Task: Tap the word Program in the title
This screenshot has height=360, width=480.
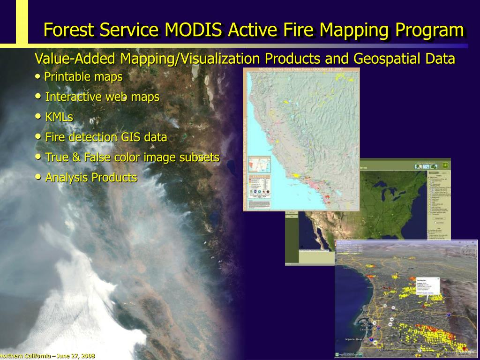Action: pyautogui.click(x=429, y=30)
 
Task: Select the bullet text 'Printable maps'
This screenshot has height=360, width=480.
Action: pyautogui.click(x=83, y=76)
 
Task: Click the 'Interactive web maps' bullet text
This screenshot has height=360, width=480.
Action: pyautogui.click(x=102, y=97)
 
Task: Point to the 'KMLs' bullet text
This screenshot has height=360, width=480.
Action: pyautogui.click(x=59, y=117)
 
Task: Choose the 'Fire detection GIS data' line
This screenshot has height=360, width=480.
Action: pyautogui.click(x=106, y=137)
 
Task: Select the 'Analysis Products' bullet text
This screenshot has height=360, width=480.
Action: pyautogui.click(x=91, y=178)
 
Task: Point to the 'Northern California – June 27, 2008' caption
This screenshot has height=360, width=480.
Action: pyautogui.click(x=47, y=356)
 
